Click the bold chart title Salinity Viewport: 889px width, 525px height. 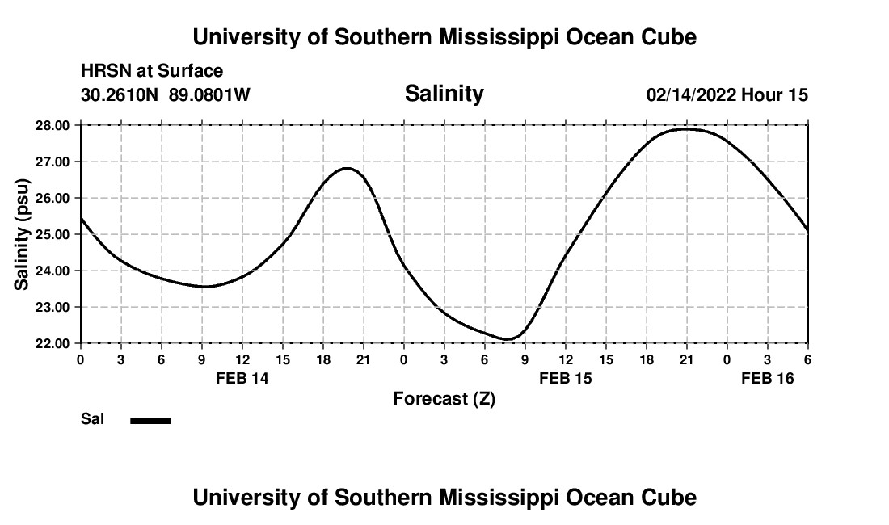444,94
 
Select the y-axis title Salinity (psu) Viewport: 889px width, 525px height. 22,234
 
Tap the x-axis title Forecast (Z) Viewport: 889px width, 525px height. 444,398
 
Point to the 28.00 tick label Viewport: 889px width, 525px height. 53,125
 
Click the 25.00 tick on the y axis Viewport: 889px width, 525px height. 53,234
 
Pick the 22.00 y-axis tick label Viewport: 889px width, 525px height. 53,343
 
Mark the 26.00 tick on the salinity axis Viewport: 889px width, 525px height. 53,198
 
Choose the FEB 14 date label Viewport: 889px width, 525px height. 242,378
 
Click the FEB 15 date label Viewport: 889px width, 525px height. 565,378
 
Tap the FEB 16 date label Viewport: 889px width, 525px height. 768,378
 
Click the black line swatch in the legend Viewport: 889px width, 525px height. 150,420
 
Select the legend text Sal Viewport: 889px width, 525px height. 92,419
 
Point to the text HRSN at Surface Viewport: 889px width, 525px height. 152,71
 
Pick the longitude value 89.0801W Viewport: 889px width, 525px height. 209,95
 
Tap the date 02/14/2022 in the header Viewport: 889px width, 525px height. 691,95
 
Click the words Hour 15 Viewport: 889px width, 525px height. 774,95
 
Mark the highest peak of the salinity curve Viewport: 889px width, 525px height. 685,128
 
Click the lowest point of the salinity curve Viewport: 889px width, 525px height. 507,339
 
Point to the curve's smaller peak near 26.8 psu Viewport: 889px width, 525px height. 348,168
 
